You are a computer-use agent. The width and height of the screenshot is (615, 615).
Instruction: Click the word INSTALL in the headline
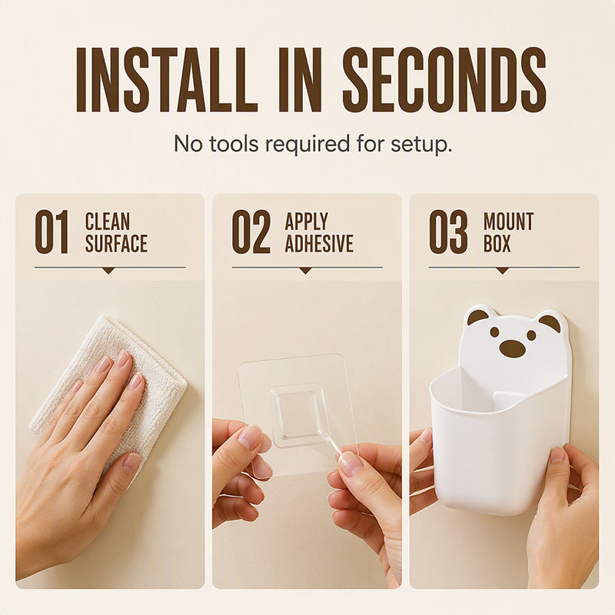[x=167, y=80]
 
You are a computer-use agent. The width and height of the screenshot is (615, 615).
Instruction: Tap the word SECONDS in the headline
[x=444, y=80]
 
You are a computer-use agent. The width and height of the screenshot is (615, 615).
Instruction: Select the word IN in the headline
[x=300, y=80]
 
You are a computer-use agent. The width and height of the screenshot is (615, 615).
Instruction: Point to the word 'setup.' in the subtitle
[x=421, y=145]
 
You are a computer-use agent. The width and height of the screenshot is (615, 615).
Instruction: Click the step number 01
[x=52, y=232]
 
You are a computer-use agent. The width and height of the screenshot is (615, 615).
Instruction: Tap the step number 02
[x=251, y=232]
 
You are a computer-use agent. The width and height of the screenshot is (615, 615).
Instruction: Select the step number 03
[x=448, y=232]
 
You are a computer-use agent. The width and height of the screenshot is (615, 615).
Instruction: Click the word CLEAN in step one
[x=108, y=221]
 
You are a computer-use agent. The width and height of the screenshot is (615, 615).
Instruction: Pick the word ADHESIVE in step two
[x=319, y=243]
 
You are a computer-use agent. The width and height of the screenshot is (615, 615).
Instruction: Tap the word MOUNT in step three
[x=508, y=221]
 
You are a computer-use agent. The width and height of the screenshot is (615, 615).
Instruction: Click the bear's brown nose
[x=512, y=348]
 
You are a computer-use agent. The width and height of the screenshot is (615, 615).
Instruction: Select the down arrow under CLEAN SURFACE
[x=108, y=271]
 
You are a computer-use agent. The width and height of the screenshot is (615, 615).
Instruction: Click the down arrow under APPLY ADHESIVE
[x=305, y=271]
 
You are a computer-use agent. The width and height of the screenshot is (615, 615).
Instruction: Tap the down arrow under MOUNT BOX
[x=502, y=271]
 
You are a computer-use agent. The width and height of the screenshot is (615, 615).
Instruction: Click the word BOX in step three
[x=497, y=243]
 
